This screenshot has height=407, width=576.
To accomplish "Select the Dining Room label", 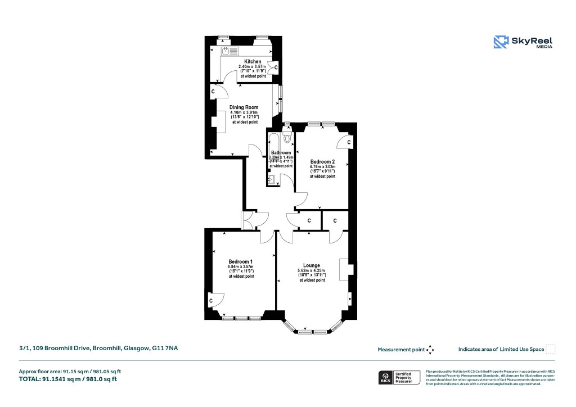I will pos(244,107).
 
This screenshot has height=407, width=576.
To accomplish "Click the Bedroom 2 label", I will pos(322,162).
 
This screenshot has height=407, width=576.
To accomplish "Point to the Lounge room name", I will pos(311,265).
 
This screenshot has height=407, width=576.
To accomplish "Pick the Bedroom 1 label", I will pos(241,261).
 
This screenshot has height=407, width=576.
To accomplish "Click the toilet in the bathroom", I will pos(288,137).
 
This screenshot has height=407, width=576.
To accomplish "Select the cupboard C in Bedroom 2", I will pos(349,143).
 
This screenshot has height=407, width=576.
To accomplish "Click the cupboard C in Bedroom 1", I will pos(211,301).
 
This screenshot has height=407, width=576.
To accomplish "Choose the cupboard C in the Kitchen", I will pos(276,67).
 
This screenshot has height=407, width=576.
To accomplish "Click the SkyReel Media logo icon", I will pos(501,42).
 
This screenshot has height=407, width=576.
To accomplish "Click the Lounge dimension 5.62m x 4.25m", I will pos(311,271).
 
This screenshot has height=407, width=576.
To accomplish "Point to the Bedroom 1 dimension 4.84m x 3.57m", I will pos(241,266).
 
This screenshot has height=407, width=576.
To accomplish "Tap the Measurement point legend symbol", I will pos(430,350).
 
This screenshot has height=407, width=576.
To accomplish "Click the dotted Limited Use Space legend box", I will pos(551,349).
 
